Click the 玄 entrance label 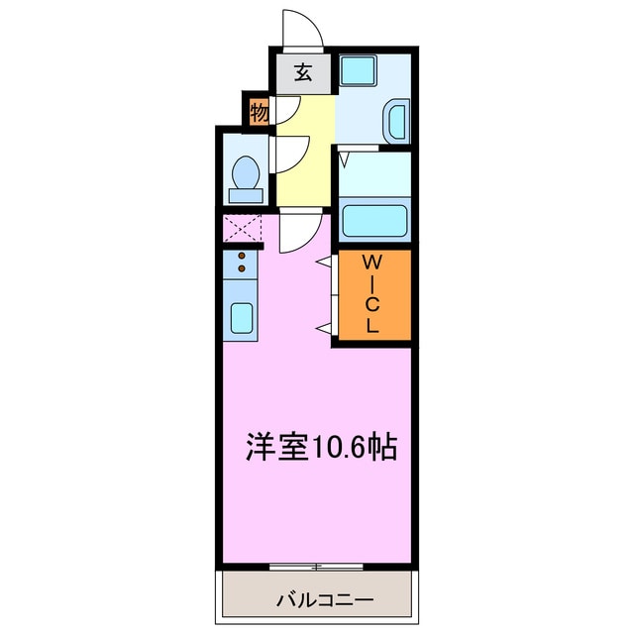[x=302, y=72]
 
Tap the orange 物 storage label [x=259, y=113]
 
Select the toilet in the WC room [x=245, y=175]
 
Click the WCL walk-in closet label [x=372, y=294]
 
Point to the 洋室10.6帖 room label [x=321, y=447]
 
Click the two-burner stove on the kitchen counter [x=241, y=263]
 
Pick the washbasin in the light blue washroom [x=394, y=121]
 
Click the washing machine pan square [x=356, y=70]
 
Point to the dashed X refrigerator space [x=242, y=228]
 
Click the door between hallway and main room [x=297, y=232]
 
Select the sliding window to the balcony [x=316, y=567]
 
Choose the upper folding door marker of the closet [x=324, y=262]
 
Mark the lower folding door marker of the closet [x=324, y=326]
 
